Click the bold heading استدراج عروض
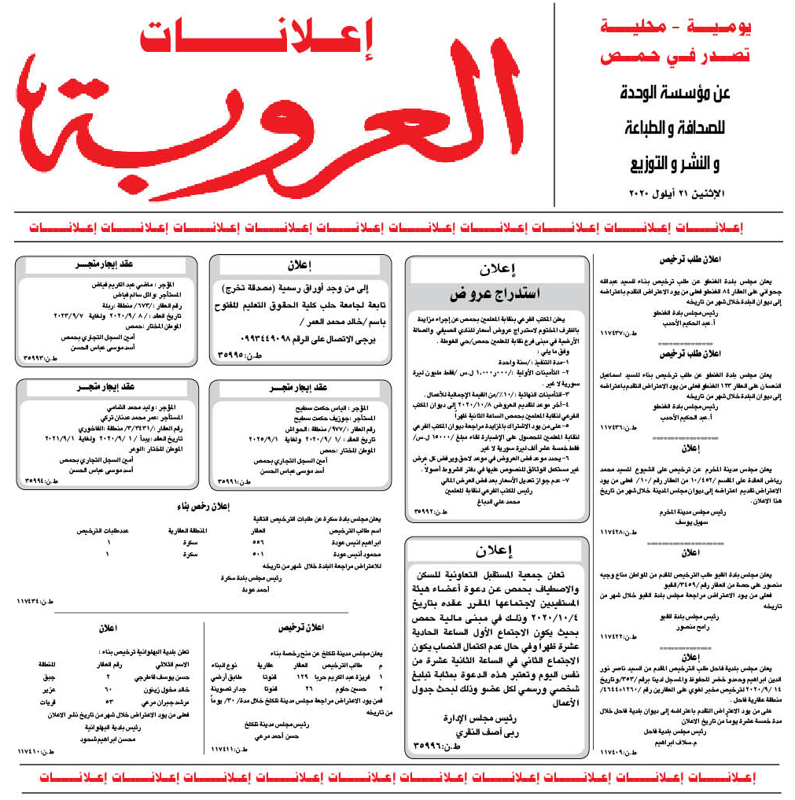pyautogui.click(x=497, y=295)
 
